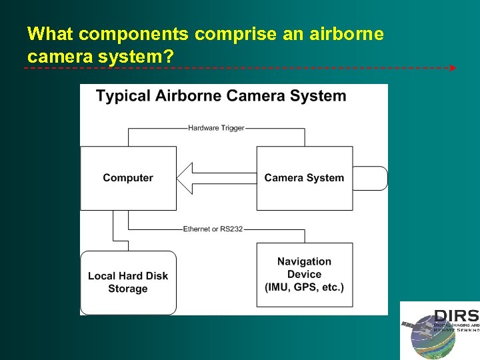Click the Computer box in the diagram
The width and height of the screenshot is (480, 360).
point(128,178)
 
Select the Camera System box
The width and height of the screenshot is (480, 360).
point(304,178)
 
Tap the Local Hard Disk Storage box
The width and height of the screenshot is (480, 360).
point(128,282)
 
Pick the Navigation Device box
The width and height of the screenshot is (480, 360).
point(304,275)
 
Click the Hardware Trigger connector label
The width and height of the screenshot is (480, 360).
point(216,128)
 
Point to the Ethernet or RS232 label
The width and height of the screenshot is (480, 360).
point(213,229)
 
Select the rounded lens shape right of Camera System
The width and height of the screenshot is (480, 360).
point(371,178)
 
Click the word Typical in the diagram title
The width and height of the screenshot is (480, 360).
point(123,96)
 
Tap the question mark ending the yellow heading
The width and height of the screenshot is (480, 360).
point(169,57)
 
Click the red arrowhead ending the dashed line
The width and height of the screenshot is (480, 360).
point(453,68)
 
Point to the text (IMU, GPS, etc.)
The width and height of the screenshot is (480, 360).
point(304,287)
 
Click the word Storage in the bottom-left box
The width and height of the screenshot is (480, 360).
point(128,289)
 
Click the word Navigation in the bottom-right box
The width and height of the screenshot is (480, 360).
point(304,261)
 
